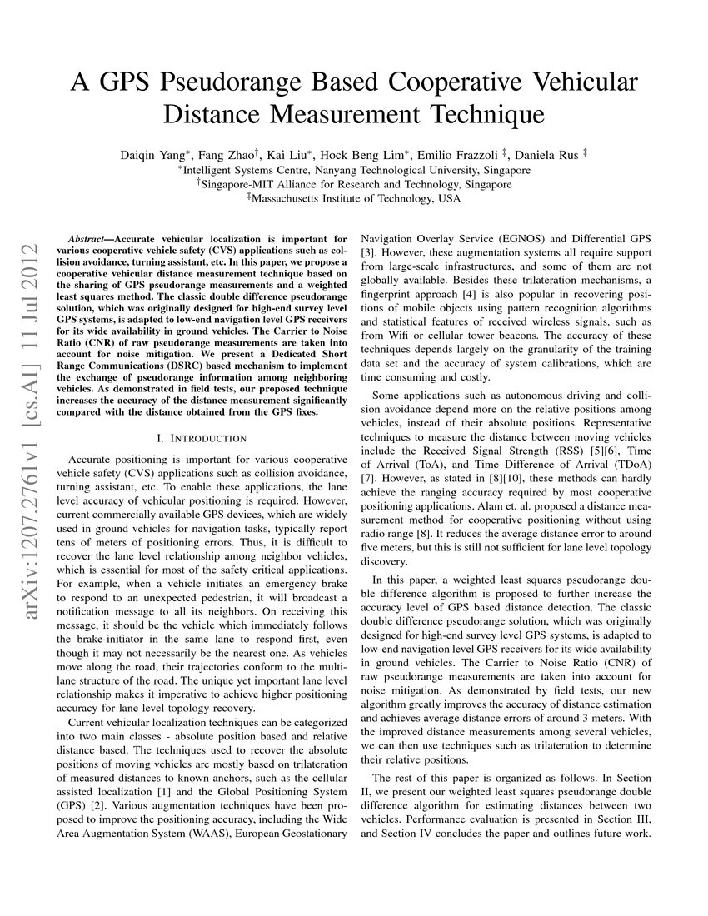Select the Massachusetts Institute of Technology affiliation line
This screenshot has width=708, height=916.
(x=354, y=199)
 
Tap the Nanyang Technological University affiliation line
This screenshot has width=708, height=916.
(x=354, y=169)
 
